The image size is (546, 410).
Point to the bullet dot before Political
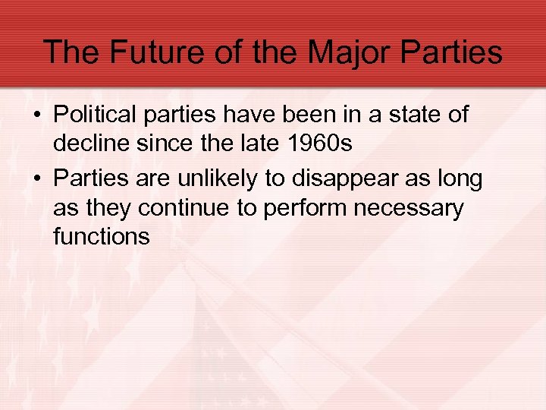coord(36,116)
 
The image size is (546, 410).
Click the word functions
coord(102,235)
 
